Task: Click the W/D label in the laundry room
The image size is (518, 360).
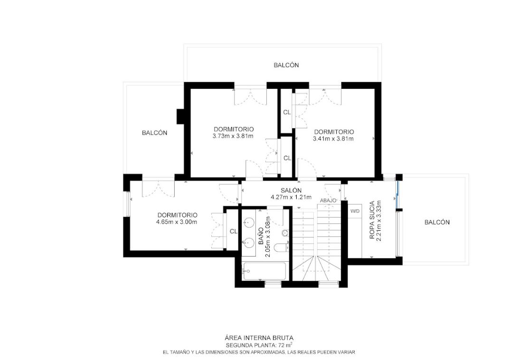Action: (355, 211)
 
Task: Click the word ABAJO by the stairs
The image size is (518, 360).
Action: (328, 200)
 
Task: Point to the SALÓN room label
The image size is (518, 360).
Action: (291, 190)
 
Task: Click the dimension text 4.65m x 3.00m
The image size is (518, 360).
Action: (177, 222)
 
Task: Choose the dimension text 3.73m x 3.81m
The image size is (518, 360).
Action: (233, 136)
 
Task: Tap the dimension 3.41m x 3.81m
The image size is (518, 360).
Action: (333, 139)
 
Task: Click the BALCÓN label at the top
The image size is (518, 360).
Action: (286, 65)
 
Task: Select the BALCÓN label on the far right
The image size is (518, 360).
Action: (437, 222)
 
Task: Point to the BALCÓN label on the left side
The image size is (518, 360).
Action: (155, 133)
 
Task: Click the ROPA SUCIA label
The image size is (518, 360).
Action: (372, 220)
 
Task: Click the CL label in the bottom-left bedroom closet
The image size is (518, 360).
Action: (234, 231)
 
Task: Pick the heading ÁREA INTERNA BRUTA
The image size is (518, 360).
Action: (259, 338)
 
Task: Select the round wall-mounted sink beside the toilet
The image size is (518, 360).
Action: (285, 233)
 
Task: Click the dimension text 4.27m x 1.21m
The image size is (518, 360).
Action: (291, 198)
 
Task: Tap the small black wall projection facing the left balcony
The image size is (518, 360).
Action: (181, 116)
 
